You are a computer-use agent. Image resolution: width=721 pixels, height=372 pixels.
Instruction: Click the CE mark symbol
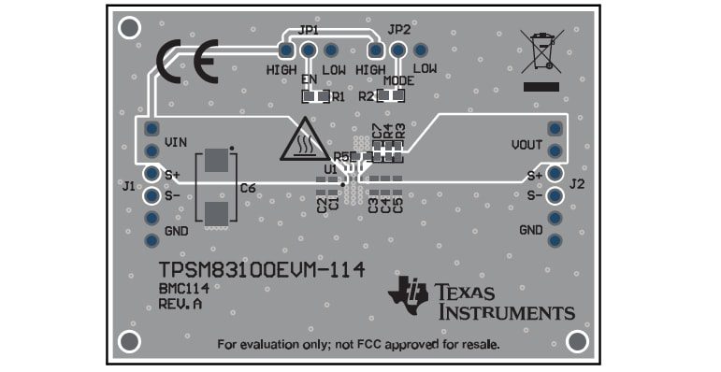point(187,64)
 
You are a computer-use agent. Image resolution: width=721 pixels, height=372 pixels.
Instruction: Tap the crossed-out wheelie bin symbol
point(541,52)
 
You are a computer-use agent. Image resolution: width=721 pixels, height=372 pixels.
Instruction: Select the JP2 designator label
point(398,30)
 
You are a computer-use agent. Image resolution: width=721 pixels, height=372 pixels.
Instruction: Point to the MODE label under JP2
point(398,80)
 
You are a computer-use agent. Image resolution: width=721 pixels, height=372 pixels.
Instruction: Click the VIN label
point(177,142)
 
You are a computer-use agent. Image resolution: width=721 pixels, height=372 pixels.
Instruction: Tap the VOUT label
point(527,145)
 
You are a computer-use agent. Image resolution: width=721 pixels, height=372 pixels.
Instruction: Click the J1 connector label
point(128,186)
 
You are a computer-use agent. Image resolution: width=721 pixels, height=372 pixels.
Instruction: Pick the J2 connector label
point(577,183)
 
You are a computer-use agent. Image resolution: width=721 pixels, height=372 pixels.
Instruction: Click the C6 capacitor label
point(248,189)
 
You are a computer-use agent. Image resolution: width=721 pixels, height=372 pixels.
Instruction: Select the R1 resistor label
point(339,96)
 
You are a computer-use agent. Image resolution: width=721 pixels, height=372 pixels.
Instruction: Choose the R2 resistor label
point(366,96)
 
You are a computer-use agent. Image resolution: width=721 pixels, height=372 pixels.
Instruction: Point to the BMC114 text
point(182,289)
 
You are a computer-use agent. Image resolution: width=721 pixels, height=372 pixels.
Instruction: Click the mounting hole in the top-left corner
point(131,27)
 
